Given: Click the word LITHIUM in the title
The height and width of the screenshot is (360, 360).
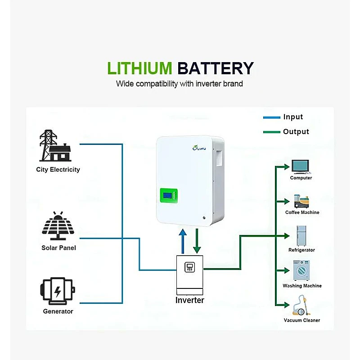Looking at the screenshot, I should click(x=139, y=68).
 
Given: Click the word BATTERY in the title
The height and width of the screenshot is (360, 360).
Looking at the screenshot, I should click(x=215, y=68).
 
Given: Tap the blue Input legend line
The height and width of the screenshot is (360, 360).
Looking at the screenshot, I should click(x=271, y=117).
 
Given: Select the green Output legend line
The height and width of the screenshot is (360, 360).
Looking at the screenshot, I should click(x=271, y=132).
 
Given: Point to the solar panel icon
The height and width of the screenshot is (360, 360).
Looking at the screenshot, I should click(x=58, y=226).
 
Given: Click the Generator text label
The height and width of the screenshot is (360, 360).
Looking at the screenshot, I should click(x=58, y=311).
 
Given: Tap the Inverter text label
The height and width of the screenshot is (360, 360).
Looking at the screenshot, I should click(x=189, y=300).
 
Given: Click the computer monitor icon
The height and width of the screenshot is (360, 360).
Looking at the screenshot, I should click(x=301, y=166).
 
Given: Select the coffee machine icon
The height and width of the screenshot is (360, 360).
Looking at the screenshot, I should click(x=301, y=201).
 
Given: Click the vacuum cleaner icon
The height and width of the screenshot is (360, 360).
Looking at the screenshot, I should click(x=301, y=306).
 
